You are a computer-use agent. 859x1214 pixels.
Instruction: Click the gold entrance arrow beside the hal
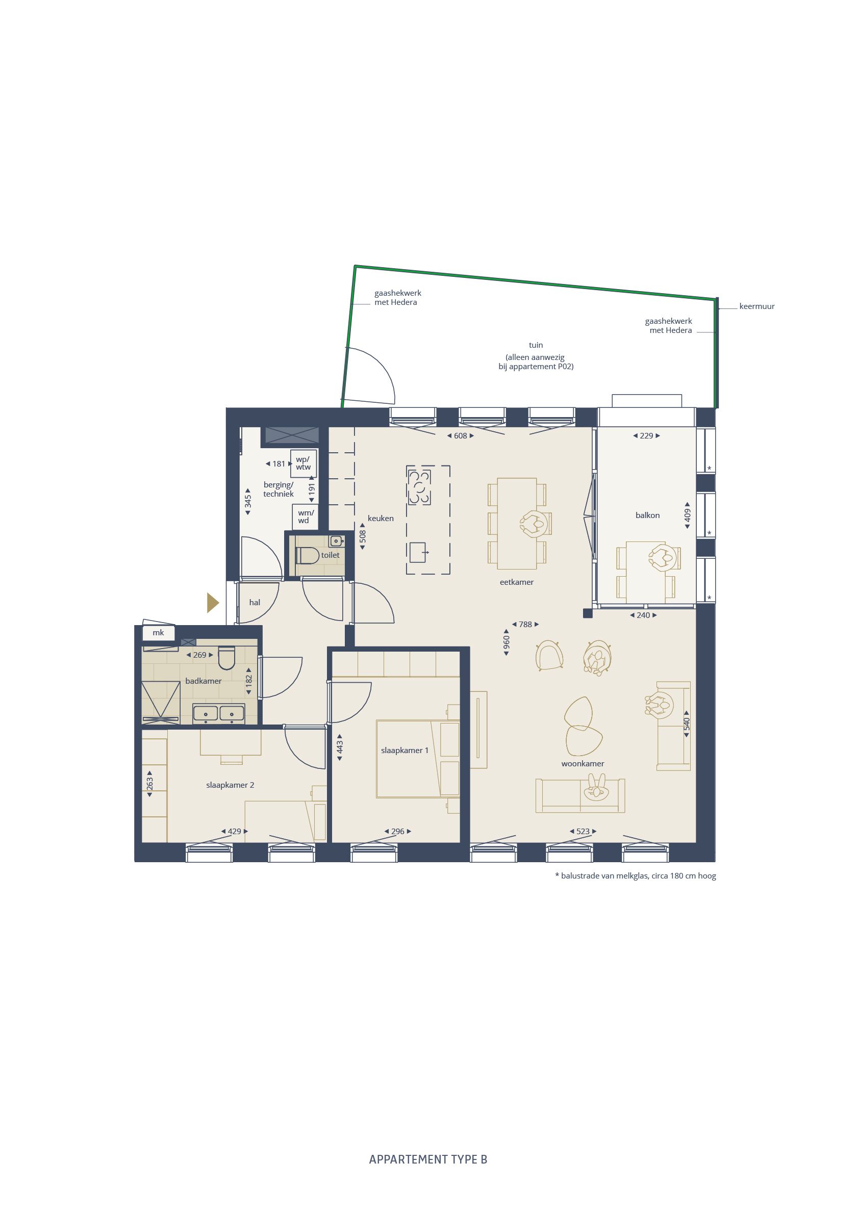[213, 603]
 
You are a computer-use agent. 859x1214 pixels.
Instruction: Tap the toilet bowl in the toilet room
[308, 555]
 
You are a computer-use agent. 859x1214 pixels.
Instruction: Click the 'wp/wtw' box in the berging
[303, 463]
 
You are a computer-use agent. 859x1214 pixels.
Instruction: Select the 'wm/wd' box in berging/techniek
[305, 516]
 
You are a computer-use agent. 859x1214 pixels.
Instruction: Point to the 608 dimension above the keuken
[460, 436]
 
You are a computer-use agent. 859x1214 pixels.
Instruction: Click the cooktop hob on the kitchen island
[419, 487]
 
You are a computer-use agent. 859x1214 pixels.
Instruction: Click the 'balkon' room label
[647, 515]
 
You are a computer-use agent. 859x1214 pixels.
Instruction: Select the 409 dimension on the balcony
[687, 515]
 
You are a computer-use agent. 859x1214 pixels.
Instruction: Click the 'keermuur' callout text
[756, 306]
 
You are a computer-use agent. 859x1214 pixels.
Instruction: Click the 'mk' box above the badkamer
[158, 632]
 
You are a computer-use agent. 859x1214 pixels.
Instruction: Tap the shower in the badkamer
[160, 702]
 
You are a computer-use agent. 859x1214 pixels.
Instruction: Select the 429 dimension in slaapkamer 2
[234, 831]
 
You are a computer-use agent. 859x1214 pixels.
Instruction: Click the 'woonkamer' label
[583, 763]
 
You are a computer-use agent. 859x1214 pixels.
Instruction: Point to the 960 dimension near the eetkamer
[506, 642]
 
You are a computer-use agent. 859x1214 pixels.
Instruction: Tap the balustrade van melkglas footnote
[635, 875]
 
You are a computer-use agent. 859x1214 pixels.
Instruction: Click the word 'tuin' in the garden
[536, 345]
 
